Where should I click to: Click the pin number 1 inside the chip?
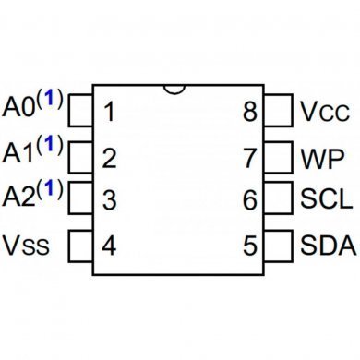click(109, 114)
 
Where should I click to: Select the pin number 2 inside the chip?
click(109, 158)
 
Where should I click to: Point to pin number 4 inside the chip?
click(109, 246)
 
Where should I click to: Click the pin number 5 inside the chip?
click(249, 246)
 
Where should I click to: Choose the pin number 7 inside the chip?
click(249, 158)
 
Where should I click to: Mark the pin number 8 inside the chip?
click(249, 114)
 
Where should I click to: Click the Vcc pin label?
click(323, 113)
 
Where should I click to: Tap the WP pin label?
click(322, 157)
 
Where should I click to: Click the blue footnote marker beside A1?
click(52, 144)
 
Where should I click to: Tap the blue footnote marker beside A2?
click(52, 188)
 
